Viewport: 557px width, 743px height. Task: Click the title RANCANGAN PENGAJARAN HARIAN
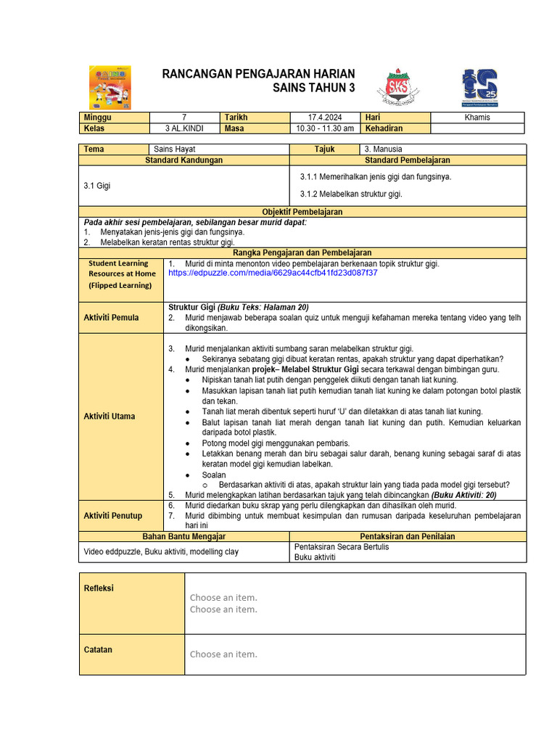(258, 73)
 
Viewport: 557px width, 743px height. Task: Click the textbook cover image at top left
(110, 87)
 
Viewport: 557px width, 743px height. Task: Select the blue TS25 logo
(479, 87)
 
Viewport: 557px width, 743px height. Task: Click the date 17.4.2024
(325, 118)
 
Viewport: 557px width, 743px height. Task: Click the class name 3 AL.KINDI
(184, 128)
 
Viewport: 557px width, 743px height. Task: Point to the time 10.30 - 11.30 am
(325, 128)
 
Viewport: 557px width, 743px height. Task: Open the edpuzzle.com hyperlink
(273, 273)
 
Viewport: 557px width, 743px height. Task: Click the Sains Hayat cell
(170, 149)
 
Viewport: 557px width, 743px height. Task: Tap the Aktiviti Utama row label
(110, 416)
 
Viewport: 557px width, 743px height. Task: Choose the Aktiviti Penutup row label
(113, 515)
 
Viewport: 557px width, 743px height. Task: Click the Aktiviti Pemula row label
(111, 317)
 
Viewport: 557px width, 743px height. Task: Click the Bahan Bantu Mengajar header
(183, 536)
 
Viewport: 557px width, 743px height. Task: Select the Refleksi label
(99, 588)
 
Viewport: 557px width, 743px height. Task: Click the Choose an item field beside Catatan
(223, 654)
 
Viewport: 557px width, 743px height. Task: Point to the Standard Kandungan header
(183, 160)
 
